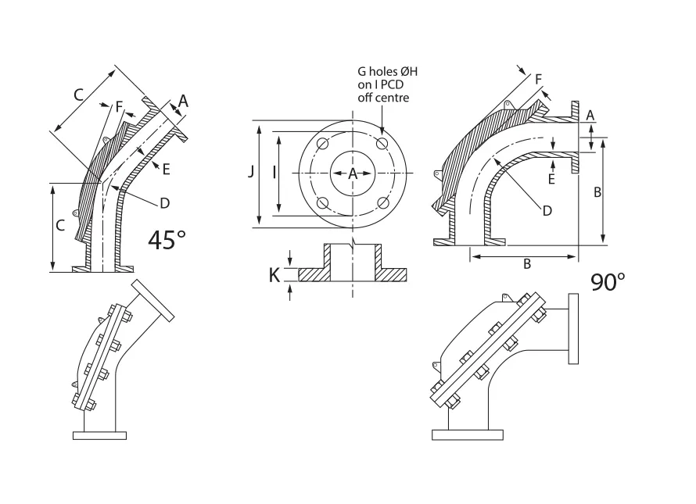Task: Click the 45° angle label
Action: click(167, 239)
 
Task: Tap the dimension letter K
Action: click(274, 275)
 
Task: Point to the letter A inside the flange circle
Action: click(352, 173)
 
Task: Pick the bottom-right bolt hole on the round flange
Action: click(382, 204)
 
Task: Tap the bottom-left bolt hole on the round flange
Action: click(321, 204)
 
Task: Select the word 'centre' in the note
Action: click(391, 98)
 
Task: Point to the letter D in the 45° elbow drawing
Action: click(164, 203)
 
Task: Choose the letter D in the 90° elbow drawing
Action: click(547, 210)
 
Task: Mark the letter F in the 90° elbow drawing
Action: click(537, 79)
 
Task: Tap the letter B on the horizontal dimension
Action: click(526, 264)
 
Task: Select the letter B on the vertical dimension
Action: click(597, 192)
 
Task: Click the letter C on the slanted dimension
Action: click(78, 95)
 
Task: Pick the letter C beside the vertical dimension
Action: click(59, 225)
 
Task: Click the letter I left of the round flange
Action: click(274, 173)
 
